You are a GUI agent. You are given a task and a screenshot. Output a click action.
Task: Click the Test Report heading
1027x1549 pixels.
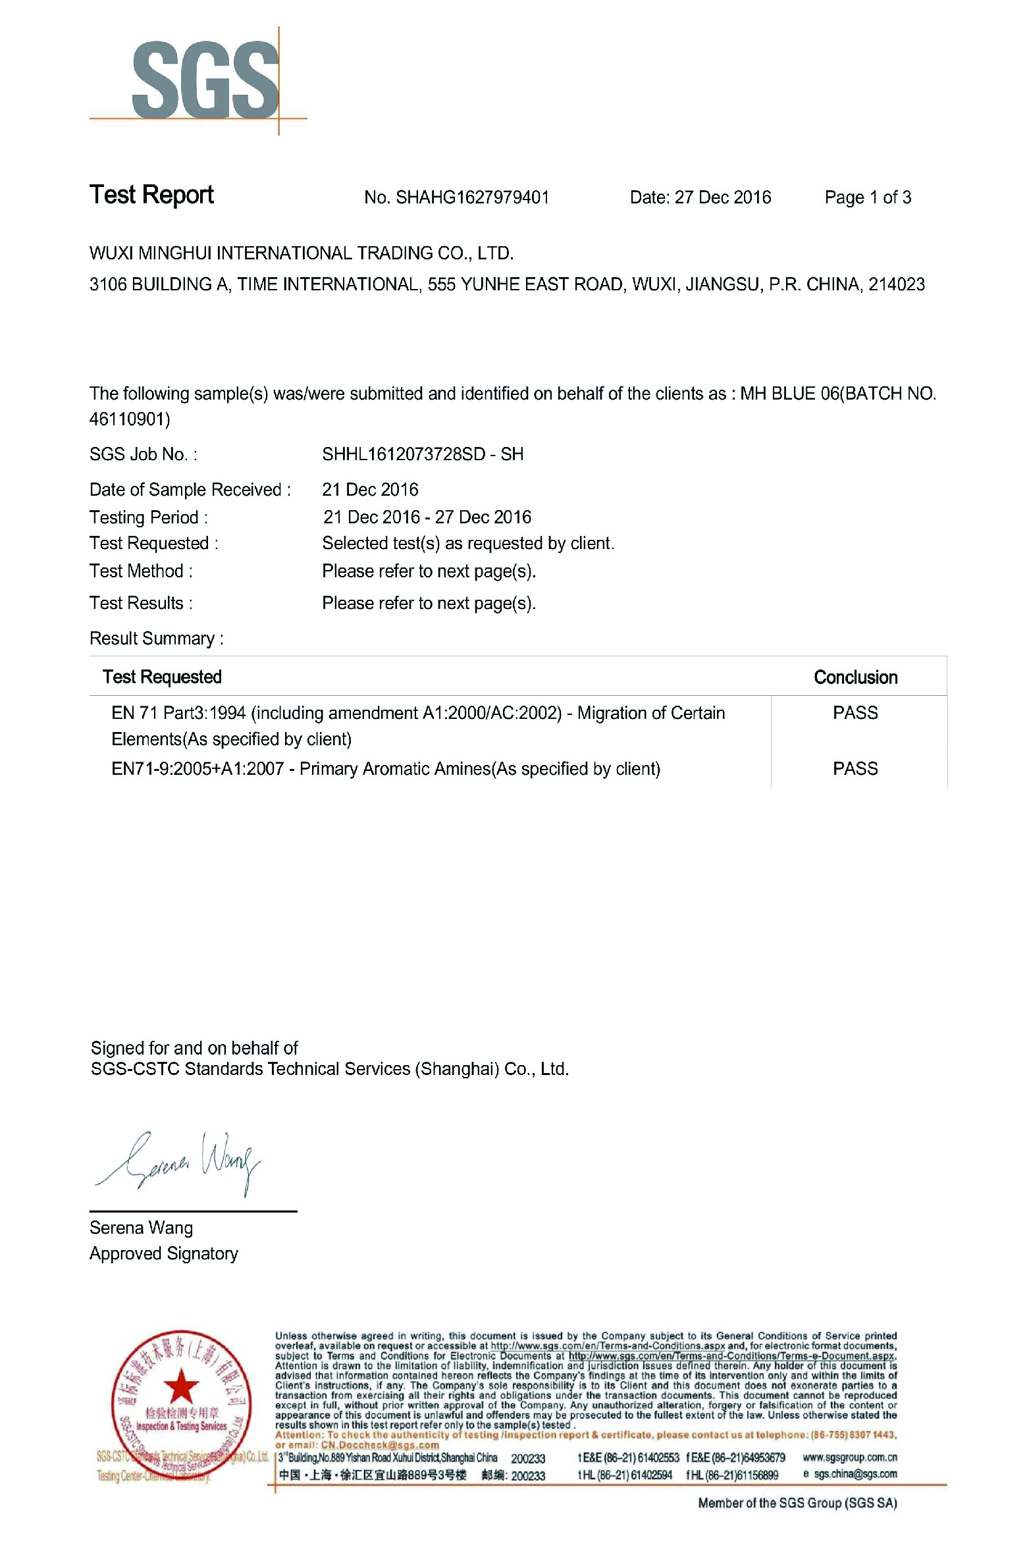pos(151,195)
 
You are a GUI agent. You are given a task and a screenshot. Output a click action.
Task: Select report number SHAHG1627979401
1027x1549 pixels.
pos(472,197)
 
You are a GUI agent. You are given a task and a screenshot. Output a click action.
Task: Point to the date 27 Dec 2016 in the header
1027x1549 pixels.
pos(722,197)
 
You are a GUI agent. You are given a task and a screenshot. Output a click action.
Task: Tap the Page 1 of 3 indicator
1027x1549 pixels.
pos(868,197)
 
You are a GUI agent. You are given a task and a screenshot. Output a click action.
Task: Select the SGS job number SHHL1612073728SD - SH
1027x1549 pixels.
pos(423,454)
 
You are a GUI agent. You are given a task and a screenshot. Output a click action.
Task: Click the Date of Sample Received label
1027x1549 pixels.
pos(190,490)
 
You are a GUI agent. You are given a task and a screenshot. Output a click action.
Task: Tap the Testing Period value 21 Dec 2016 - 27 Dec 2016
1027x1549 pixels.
pos(427,517)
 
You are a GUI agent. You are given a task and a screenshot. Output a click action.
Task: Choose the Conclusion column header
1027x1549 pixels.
pos(855,677)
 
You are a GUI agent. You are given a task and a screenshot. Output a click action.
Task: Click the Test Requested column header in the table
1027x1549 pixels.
pos(162,677)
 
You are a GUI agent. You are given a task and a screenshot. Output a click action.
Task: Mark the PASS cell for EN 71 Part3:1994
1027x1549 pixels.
pos(855,713)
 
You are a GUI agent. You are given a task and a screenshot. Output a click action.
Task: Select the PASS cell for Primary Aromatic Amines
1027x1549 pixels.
pos(855,769)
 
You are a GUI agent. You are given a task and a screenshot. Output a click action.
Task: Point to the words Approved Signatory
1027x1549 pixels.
pos(164,1254)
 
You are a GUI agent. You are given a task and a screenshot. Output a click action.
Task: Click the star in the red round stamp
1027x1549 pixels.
pos(180,1386)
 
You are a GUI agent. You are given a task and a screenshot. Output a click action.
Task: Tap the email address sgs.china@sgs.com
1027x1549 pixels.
pos(855,1475)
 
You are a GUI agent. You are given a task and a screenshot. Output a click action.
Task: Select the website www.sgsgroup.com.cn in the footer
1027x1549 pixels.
pos(849,1457)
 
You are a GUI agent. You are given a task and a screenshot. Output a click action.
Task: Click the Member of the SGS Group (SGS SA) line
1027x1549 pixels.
pos(797,1503)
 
